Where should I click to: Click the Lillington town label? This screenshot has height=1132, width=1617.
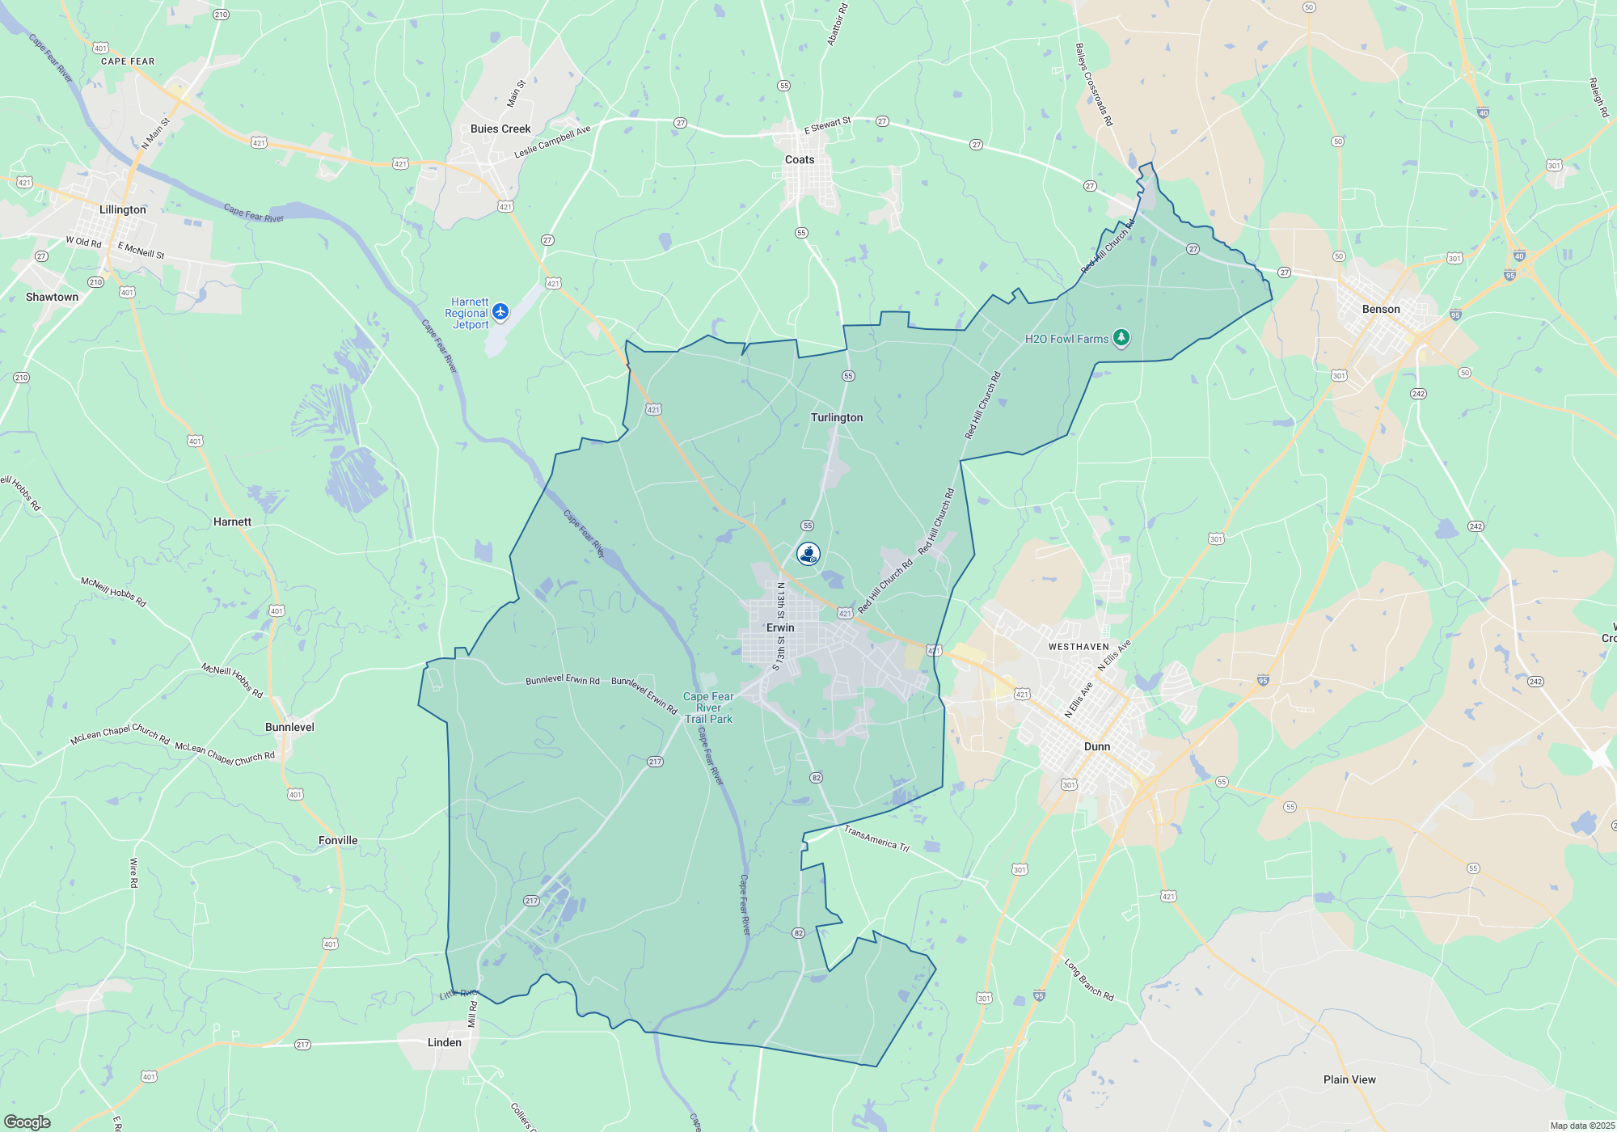point(123,209)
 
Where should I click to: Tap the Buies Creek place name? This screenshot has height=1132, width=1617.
point(500,129)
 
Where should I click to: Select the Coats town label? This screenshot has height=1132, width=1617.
point(800,159)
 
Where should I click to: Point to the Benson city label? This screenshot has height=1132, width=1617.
point(1381,309)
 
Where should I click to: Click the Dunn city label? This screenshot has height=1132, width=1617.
point(1096,746)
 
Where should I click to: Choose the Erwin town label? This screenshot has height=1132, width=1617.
point(780,627)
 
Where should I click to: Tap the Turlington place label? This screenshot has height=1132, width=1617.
point(837,417)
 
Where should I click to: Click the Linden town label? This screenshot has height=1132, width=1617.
point(444,1042)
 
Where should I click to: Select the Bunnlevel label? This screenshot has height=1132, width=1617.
point(289,727)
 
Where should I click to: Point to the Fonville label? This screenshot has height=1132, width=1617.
point(338,840)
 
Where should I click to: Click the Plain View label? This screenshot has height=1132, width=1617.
point(1349,1079)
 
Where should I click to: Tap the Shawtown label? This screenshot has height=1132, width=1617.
point(53,297)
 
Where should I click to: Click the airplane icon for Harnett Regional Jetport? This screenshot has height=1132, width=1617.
point(500,311)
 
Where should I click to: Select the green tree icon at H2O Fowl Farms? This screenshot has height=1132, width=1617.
point(1121,337)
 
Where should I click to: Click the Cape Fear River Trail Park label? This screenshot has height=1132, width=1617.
point(708,707)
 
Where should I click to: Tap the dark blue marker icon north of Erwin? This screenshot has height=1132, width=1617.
point(808,553)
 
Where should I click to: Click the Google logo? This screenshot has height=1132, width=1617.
point(27,1122)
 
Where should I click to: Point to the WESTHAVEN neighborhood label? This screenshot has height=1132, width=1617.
point(1079,647)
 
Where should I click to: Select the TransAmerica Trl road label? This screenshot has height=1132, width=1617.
point(876,838)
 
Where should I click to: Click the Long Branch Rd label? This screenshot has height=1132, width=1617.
point(1088,980)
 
